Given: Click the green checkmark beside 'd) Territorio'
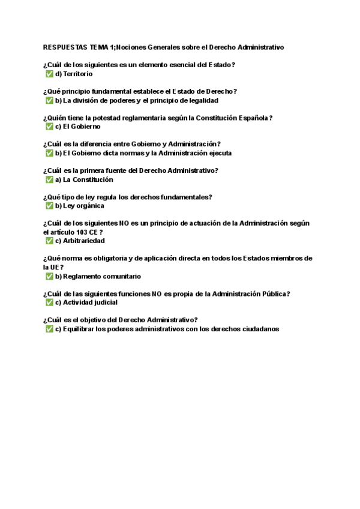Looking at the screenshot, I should [x=49, y=74].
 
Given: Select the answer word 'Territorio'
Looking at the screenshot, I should [x=77, y=74].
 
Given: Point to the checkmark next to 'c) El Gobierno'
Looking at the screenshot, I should [x=49, y=127].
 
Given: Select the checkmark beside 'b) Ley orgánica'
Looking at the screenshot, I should [x=49, y=206].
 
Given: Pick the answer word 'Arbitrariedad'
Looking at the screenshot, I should [x=83, y=241].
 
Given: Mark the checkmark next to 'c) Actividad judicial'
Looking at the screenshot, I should [x=49, y=303].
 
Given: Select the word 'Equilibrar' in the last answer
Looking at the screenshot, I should [x=79, y=329].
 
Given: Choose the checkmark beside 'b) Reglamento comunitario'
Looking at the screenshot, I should [x=49, y=277].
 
